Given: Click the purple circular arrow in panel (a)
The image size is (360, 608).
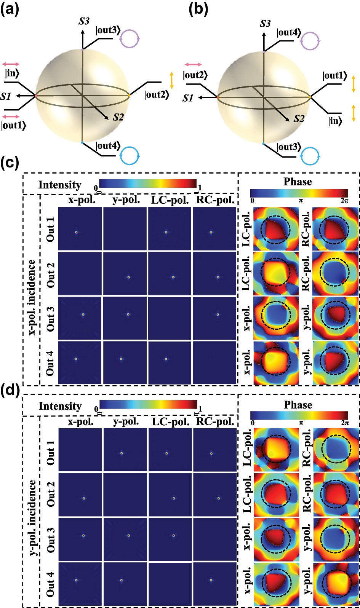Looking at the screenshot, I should click(x=130, y=38).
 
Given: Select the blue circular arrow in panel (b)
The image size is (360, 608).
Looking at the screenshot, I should click(x=310, y=156).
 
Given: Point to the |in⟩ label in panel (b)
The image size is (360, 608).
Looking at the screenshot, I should click(x=335, y=121).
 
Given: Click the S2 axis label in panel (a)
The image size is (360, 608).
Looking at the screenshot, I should click(x=118, y=117).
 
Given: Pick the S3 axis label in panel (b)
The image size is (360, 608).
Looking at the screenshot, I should click(x=265, y=24).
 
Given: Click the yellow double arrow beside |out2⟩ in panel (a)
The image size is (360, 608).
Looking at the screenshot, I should click(x=172, y=80).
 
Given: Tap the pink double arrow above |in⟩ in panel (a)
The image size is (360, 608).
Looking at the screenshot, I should click(x=11, y=64).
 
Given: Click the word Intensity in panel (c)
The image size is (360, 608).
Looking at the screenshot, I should click(x=60, y=185).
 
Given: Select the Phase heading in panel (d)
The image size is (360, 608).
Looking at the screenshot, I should click(x=298, y=405).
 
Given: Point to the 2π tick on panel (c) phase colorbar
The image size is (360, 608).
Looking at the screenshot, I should click(x=344, y=201).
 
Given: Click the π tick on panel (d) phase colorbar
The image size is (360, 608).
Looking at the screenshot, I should click(x=301, y=423).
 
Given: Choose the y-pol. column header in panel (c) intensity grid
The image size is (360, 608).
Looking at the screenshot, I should click(x=126, y=200).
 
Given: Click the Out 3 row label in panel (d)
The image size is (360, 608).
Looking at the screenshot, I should click(x=50, y=540).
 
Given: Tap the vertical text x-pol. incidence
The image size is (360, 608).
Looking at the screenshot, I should click(x=32, y=297).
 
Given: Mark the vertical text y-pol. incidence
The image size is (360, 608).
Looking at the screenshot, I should click(x=32, y=518).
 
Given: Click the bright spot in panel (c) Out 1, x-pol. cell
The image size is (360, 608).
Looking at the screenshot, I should click(x=76, y=232).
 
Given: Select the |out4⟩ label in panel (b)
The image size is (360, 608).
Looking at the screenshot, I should click(x=289, y=32).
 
